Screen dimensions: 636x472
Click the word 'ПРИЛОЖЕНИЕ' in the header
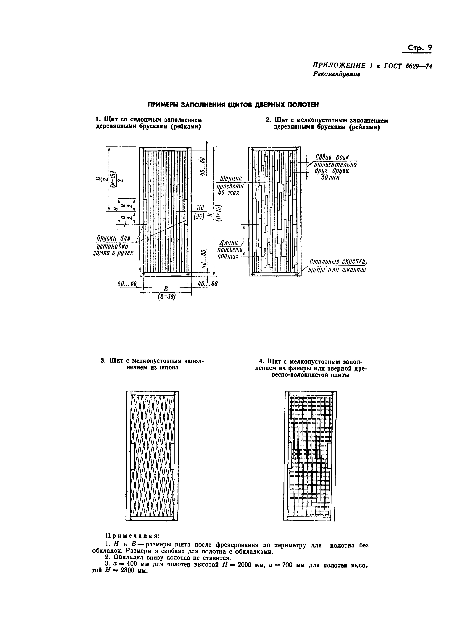coord(339,66)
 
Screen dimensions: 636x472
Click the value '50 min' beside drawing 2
coord(330,177)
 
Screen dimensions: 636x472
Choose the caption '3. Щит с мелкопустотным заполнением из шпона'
coord(153,364)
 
